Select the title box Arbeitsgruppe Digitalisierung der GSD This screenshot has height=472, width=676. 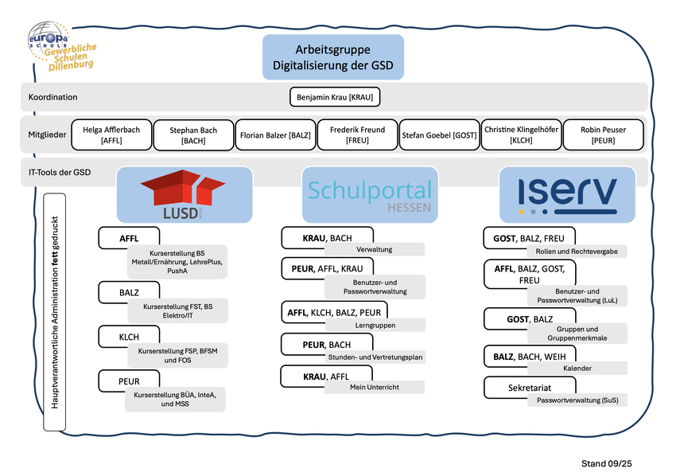333,57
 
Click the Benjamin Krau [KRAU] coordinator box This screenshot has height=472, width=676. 334,97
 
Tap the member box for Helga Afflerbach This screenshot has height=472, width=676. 111,135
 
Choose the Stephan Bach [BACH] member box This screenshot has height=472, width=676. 193,135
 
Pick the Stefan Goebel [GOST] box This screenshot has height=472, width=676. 439,135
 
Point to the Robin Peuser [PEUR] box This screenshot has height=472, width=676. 604,135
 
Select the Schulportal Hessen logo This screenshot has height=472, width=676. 370,194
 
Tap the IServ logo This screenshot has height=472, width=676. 567,194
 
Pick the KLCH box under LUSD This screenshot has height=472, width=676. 129,337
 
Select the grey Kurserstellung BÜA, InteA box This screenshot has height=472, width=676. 174,399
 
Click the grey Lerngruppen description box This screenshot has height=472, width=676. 375,326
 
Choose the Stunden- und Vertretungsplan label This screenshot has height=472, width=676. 375,357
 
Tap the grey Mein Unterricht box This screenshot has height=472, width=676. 375,387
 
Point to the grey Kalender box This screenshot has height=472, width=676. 577,369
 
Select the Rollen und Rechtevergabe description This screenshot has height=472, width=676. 577,251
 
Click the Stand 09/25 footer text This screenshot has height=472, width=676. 607,462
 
